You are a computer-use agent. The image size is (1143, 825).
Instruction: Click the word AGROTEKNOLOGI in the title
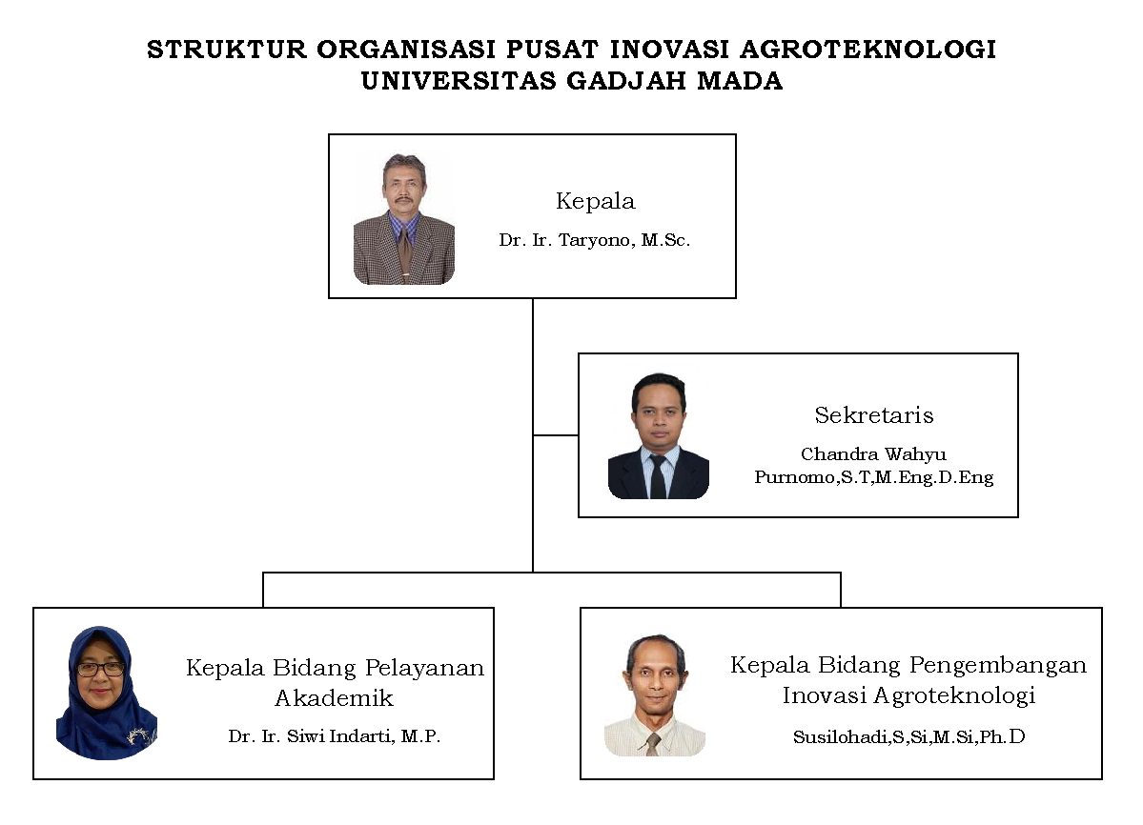(x=867, y=49)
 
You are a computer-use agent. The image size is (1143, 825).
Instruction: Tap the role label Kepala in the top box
(x=596, y=200)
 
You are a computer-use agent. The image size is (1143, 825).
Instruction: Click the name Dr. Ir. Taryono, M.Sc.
(x=594, y=239)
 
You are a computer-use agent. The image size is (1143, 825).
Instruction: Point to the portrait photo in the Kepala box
(x=404, y=218)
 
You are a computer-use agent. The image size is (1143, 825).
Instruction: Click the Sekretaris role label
(x=874, y=414)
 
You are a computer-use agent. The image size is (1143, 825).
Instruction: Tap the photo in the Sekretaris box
(x=658, y=435)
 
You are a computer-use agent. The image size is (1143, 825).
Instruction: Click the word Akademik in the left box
(x=334, y=697)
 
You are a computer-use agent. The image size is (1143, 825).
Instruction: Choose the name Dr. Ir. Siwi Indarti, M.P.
(x=335, y=736)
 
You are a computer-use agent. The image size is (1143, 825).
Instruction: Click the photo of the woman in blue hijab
(x=107, y=693)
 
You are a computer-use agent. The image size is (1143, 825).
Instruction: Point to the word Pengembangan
(x=998, y=666)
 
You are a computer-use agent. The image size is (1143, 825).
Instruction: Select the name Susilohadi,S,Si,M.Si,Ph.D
(x=909, y=737)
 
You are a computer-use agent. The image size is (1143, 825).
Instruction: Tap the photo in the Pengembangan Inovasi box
(x=655, y=694)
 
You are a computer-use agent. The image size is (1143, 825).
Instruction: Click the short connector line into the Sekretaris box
(x=556, y=435)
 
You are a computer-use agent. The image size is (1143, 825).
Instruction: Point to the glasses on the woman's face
(x=101, y=669)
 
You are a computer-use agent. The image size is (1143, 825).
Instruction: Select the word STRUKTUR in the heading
(x=227, y=49)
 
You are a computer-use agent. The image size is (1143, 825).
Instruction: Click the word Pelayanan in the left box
(x=424, y=668)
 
